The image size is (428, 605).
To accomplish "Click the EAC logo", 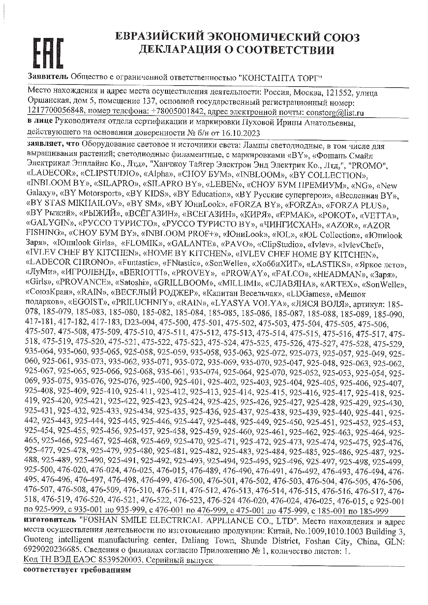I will click(48, 53).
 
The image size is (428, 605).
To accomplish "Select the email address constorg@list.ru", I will click(335, 112).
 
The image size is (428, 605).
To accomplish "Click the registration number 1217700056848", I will click(56, 112).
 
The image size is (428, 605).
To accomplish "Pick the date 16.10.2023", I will click(242, 133).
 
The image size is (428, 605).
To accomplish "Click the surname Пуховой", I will click(309, 123).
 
